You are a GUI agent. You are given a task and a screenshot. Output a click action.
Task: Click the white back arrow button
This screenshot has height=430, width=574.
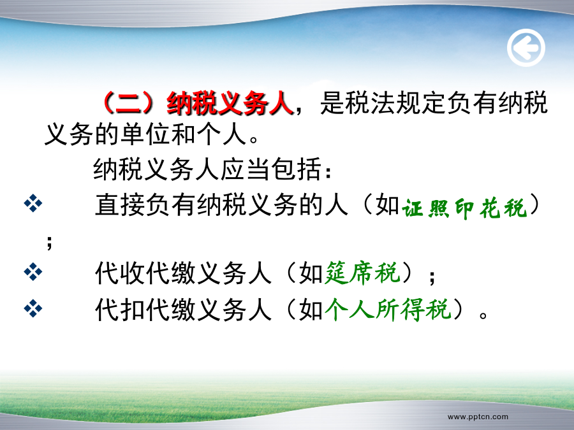[x=526, y=48]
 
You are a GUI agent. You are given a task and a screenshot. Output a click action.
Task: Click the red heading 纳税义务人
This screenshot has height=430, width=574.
[x=230, y=103]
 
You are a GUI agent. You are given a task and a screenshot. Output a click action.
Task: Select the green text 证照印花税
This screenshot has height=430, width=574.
[x=464, y=208]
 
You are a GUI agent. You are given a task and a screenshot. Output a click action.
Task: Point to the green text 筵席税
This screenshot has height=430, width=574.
[x=362, y=273]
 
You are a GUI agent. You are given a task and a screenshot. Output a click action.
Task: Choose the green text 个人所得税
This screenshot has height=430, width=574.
[x=388, y=310]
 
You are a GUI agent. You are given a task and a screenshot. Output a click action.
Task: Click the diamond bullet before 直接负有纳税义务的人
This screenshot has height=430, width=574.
[x=33, y=203]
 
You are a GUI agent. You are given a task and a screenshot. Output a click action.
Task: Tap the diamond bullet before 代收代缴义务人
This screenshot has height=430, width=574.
[x=33, y=272]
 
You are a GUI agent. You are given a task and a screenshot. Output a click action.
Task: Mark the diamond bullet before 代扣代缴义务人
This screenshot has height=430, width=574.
[x=33, y=308]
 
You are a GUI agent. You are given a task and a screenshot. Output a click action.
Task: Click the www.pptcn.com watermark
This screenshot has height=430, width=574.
[x=478, y=417]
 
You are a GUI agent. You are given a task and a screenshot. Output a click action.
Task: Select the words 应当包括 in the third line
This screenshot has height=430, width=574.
[x=271, y=169]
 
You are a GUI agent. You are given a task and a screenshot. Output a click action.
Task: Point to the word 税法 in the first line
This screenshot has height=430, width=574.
[x=370, y=103]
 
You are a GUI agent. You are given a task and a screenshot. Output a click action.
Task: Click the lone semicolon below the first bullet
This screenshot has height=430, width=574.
[x=49, y=242]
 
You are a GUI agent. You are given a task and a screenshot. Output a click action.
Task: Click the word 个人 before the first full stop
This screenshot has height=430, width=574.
[x=221, y=134]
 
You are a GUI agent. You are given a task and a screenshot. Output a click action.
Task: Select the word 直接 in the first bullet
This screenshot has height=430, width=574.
[x=120, y=204]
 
